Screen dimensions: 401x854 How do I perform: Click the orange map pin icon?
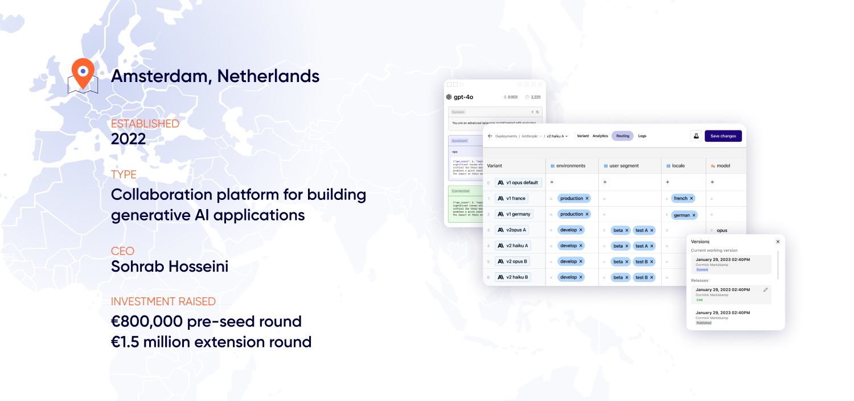(x=83, y=73)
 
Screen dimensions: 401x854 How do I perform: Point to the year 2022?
(x=128, y=139)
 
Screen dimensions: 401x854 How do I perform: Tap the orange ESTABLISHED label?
(x=145, y=124)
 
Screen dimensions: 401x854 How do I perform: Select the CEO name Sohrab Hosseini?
(x=170, y=266)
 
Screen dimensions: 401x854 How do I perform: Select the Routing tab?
(x=622, y=136)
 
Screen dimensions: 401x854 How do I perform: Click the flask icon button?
(x=696, y=136)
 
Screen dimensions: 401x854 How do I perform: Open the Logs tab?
(x=642, y=136)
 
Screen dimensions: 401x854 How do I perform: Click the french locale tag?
(x=683, y=198)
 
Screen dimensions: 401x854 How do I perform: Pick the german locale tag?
(x=684, y=215)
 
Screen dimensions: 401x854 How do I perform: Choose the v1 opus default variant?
(x=518, y=182)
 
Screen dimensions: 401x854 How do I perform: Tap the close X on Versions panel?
(x=778, y=242)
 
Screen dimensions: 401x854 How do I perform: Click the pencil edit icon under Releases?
(x=765, y=290)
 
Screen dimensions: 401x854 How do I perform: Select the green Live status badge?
(x=700, y=300)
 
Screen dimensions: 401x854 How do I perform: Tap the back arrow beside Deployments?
(x=490, y=136)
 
